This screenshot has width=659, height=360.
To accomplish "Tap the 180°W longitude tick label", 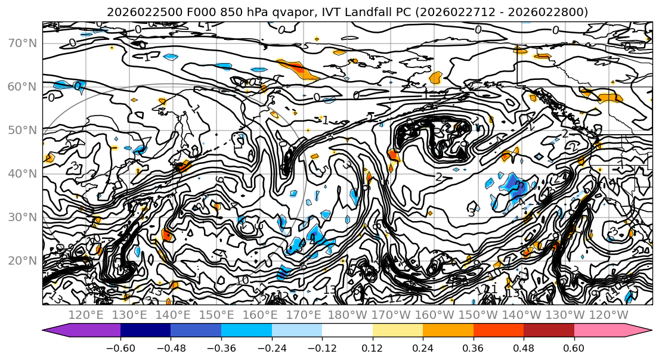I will (348, 315).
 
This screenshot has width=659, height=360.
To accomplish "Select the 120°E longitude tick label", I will (87, 315).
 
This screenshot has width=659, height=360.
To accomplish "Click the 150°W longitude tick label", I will (478, 315).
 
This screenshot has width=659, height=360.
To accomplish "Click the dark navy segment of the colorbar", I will (146, 331).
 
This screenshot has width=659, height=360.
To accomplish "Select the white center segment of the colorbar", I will (347, 331).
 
